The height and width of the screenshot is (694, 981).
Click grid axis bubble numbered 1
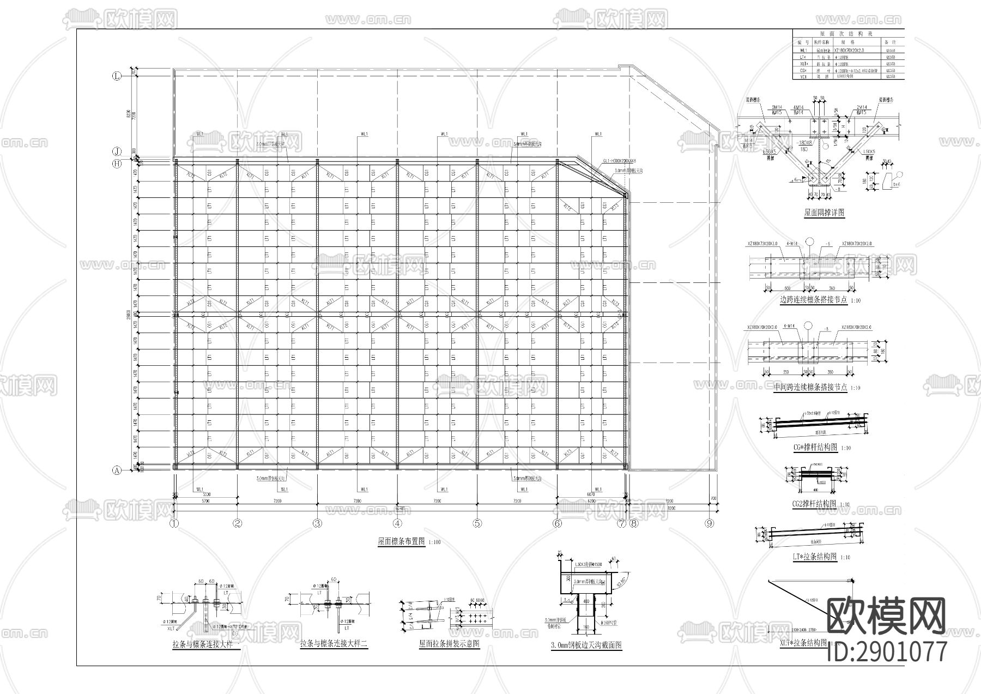(174, 524)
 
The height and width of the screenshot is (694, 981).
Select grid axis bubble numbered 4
(397, 524)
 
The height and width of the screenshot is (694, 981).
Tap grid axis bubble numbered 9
(709, 524)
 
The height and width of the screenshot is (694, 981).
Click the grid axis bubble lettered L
(116, 76)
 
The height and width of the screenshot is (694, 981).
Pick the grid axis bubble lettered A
(116, 472)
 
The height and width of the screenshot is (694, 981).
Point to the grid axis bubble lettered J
(116, 151)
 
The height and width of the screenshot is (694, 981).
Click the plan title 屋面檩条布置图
(401, 542)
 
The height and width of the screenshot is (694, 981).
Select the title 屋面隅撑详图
(824, 213)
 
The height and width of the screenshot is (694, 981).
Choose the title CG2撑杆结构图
(814, 504)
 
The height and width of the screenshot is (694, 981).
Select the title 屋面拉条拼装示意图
(449, 644)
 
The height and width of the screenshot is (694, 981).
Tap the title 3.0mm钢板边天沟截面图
(586, 645)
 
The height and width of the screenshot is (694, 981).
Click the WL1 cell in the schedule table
(801, 50)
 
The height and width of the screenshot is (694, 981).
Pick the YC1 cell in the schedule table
(801, 77)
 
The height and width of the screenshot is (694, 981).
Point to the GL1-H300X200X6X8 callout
(619, 161)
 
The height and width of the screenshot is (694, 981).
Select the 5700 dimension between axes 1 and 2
(205, 500)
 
